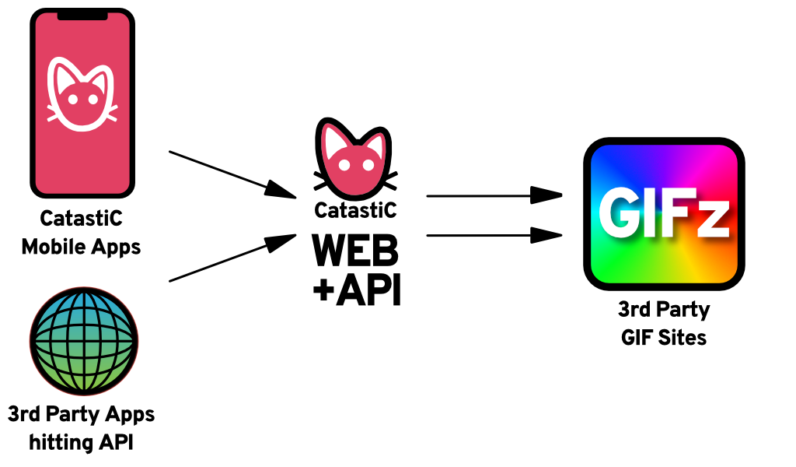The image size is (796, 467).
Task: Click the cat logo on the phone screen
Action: pyautogui.click(x=81, y=92)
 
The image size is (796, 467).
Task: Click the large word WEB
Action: pyautogui.click(x=355, y=251)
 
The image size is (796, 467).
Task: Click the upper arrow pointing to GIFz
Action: pyautogui.click(x=494, y=195)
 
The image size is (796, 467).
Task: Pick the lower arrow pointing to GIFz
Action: pyautogui.click(x=494, y=234)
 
